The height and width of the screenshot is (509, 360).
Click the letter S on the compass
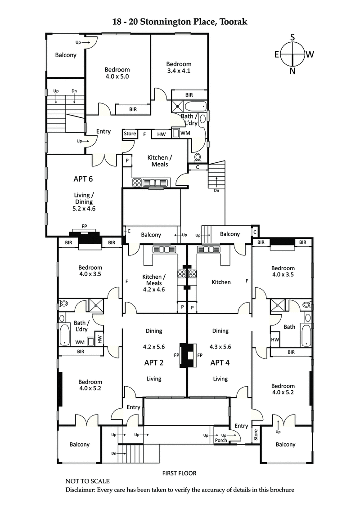pyautogui.click(x=292, y=37)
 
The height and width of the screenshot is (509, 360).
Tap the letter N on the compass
pyautogui.click(x=292, y=71)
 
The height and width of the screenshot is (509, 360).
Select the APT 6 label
pyautogui.click(x=83, y=179)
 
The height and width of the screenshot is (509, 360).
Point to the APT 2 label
pyautogui.click(x=153, y=362)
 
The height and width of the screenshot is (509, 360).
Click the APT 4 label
pyautogui.click(x=220, y=362)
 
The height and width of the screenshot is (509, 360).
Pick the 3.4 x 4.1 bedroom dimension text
pyautogui.click(x=179, y=71)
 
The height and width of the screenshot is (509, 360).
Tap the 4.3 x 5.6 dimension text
pyautogui.click(x=220, y=347)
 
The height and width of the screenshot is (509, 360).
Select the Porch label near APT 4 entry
pyautogui.click(x=221, y=440)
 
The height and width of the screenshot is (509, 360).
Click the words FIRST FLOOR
pyautogui.click(x=179, y=473)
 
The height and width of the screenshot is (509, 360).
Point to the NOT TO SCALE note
pyautogui.click(x=87, y=481)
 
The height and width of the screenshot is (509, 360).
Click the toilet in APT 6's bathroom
pyautogui.click(x=198, y=158)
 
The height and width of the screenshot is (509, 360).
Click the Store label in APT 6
pyautogui.click(x=130, y=134)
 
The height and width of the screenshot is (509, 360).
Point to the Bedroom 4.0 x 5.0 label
pyautogui.click(x=117, y=73)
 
